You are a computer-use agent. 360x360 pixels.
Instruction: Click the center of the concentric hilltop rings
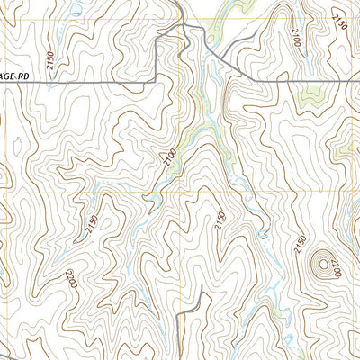317,263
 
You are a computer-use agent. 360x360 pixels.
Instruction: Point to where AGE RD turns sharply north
158,80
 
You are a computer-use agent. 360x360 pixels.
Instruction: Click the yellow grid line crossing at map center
180,192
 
